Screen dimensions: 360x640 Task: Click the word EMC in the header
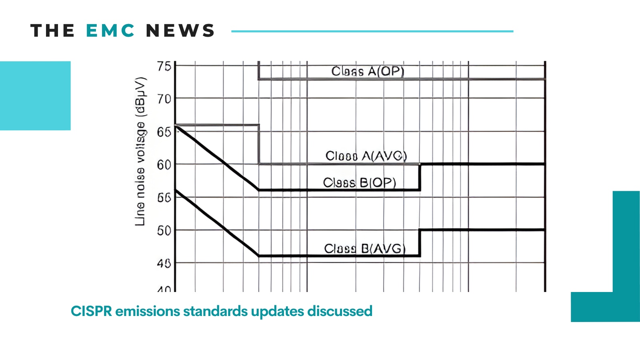click(x=110, y=31)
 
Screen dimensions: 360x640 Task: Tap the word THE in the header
click(x=52, y=31)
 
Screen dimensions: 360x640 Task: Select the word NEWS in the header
click(x=180, y=31)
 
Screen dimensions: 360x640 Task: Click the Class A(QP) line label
click(x=368, y=71)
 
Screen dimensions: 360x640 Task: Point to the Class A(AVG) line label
click(x=366, y=156)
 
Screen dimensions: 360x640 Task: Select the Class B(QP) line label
click(x=359, y=183)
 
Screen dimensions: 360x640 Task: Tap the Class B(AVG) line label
click(x=364, y=249)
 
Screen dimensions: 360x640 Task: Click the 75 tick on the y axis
click(x=164, y=66)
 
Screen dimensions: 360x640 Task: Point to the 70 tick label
click(x=164, y=98)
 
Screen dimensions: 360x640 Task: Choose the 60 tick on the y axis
click(x=164, y=164)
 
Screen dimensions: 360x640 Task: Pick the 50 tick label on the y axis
click(x=164, y=230)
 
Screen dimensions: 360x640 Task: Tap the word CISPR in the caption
click(x=91, y=311)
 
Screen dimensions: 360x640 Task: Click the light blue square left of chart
click(x=35, y=96)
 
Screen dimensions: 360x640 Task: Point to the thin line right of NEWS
click(x=372, y=31)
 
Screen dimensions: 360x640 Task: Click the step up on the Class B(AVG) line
click(x=420, y=242)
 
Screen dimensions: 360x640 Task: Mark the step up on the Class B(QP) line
click(x=420, y=177)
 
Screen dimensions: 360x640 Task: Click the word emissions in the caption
click(x=147, y=311)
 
